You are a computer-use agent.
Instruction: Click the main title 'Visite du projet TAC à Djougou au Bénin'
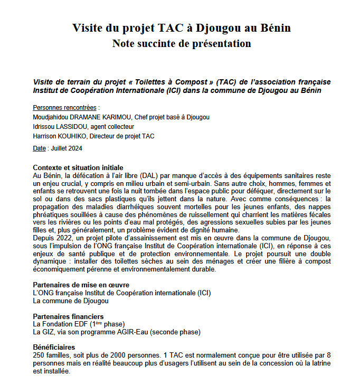pyautogui.click(x=181, y=27)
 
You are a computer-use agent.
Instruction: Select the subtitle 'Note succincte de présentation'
pyautogui.click(x=181, y=43)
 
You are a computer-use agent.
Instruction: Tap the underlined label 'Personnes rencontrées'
pyautogui.click(x=65, y=107)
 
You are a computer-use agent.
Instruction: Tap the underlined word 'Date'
pyautogui.click(x=39, y=148)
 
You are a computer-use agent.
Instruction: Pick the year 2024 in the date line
pyautogui.click(x=74, y=148)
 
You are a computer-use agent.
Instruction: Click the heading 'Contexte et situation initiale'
pyautogui.click(x=78, y=167)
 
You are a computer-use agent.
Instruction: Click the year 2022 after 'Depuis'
pyautogui.click(x=64, y=238)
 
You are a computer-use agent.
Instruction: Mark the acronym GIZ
pyautogui.click(x=48, y=332)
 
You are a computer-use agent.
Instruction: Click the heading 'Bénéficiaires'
pyautogui.click(x=53, y=348)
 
